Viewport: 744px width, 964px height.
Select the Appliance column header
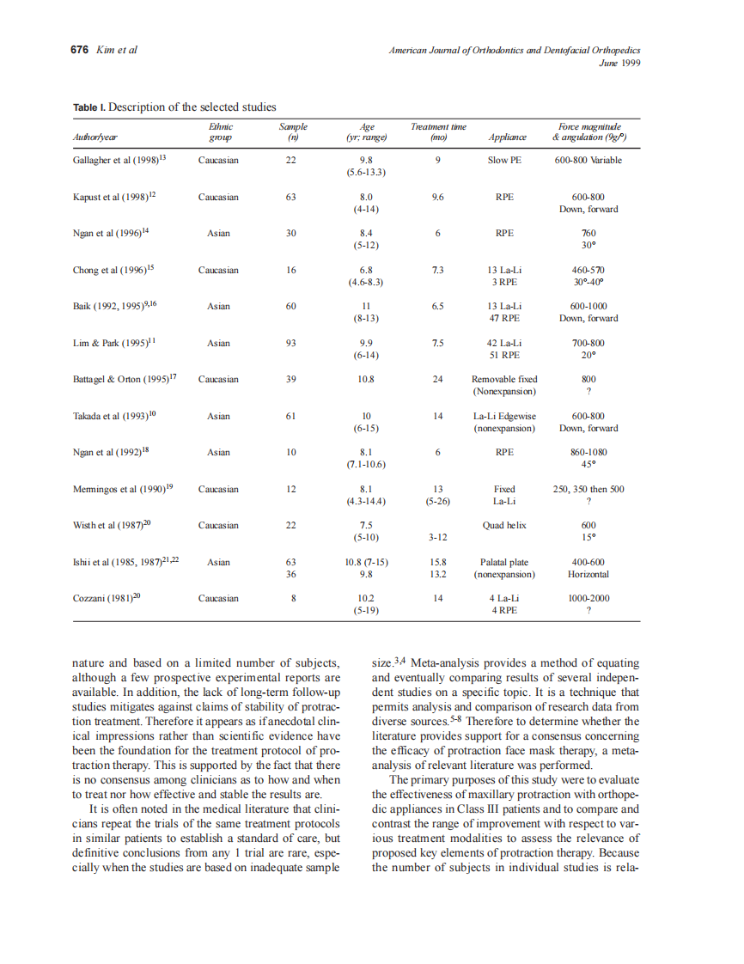(507, 137)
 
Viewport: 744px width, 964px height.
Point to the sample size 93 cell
(291, 343)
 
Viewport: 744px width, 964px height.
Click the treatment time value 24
(438, 379)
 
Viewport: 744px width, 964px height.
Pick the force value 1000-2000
(588, 598)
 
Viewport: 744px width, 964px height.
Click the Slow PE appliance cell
(504, 160)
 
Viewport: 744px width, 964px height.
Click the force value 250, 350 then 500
(588, 489)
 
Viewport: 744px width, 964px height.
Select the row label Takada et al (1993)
(114, 416)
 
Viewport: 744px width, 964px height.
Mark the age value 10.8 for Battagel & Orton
(366, 379)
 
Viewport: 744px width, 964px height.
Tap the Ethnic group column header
(220, 131)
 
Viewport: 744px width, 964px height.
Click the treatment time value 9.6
(438, 197)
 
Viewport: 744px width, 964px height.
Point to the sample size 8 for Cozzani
(291, 598)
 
